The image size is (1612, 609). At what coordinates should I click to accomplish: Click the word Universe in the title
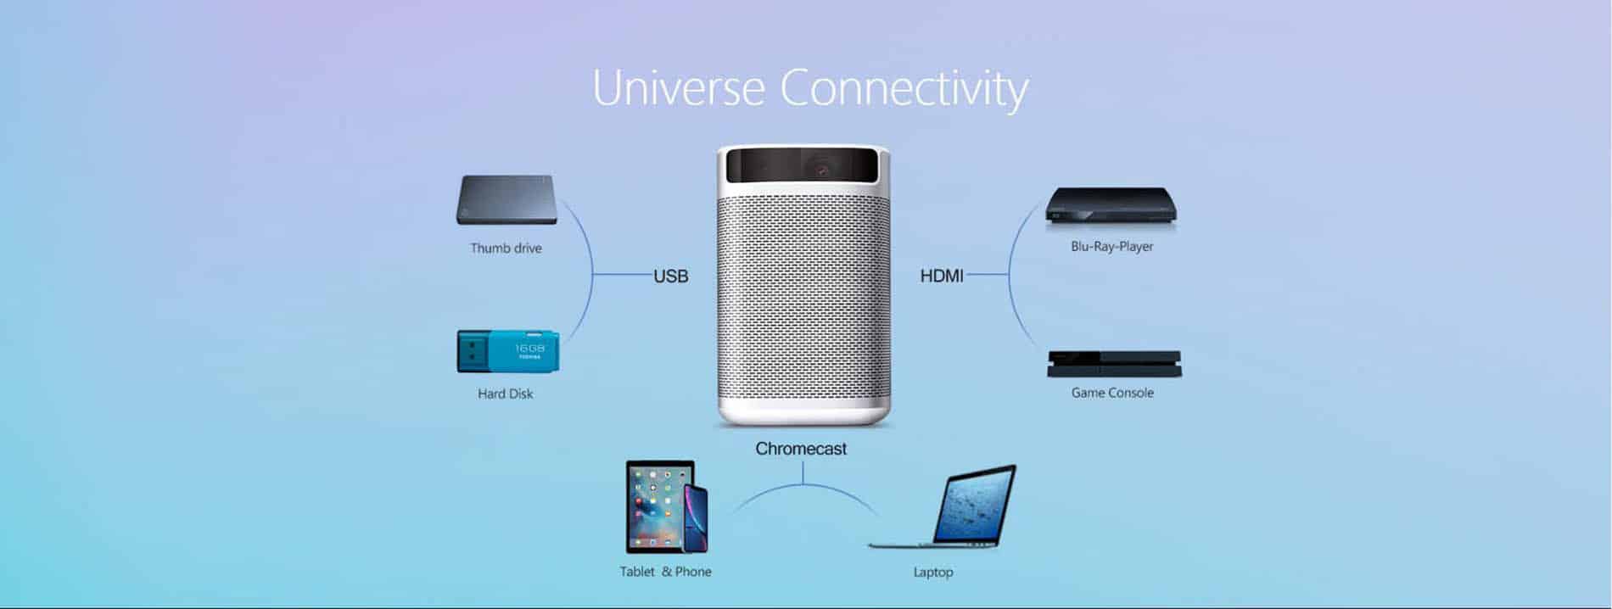(678, 87)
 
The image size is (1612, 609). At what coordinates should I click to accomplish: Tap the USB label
(670, 276)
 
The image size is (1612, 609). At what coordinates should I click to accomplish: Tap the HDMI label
(942, 276)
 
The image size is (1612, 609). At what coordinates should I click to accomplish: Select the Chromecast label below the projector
(801, 449)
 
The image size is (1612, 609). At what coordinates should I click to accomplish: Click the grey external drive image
(507, 200)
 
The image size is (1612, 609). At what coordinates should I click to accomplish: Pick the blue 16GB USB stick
(507, 351)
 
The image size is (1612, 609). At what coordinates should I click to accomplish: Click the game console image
(1114, 364)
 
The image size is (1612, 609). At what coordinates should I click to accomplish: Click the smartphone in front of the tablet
(696, 518)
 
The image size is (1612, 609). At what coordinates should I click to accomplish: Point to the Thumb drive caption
(506, 249)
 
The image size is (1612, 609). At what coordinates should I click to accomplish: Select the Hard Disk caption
(505, 394)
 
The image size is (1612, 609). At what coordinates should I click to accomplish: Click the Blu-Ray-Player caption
(1111, 247)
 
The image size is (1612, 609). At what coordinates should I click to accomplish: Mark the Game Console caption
(1112, 393)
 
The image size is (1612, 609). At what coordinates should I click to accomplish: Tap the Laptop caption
(933, 573)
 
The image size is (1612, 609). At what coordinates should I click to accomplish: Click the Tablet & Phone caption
(665, 572)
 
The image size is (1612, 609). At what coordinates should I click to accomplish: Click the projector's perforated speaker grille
(803, 302)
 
